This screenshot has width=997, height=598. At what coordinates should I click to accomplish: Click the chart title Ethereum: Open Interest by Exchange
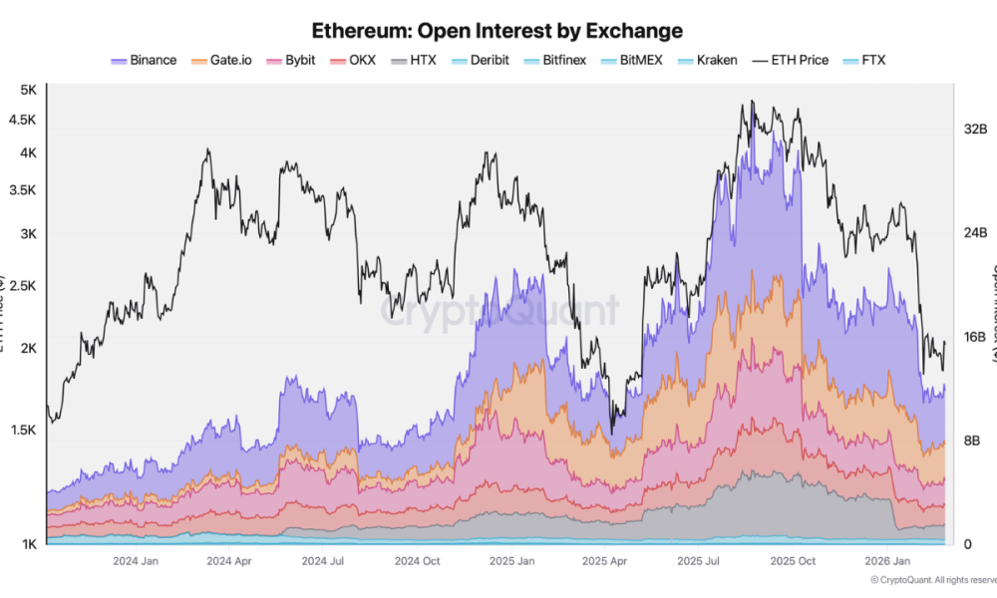pos(498,30)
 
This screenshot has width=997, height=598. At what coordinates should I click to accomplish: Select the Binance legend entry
pos(144,60)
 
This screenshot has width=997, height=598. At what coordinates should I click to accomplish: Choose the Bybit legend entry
pos(291,60)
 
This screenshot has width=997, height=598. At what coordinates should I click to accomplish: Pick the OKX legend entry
pos(353,60)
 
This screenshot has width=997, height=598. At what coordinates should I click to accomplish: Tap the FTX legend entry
pos(864,60)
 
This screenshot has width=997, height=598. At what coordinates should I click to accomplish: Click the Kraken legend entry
pos(707,60)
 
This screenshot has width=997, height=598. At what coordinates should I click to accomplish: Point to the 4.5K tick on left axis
pos(22,120)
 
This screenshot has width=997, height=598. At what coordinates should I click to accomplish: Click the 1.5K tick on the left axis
pos(22,430)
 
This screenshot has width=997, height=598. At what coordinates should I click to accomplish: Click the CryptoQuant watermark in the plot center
pos(498,311)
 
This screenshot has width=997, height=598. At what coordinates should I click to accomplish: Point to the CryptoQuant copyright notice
pos(932,580)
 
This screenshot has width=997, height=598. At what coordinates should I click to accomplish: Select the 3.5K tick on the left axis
pos(22,189)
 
